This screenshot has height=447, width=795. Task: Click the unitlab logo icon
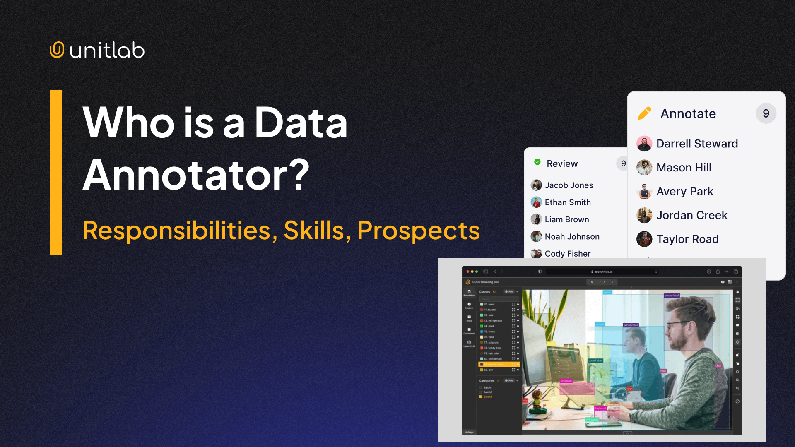pos(57,50)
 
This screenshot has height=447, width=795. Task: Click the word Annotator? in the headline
pos(196,175)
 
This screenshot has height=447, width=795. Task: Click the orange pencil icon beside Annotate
pos(644,113)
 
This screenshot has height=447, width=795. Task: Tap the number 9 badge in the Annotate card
pos(766,113)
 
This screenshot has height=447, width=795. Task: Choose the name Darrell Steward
pos(697,144)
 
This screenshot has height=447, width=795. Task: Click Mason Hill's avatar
pos(644,168)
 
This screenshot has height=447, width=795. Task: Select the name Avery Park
pos(684,192)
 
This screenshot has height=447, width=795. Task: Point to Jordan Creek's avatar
pos(644,215)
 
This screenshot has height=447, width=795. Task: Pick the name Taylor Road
pos(687,239)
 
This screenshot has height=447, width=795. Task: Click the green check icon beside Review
pos(537,162)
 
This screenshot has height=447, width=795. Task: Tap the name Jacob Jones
pos(569,185)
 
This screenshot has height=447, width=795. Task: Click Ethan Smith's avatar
pos(536,202)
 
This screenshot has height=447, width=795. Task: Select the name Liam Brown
pos(566,219)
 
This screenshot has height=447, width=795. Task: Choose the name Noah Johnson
pos(572,237)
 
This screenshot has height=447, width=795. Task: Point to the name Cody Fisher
pos(567,254)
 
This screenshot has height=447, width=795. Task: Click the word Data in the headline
pos(301,123)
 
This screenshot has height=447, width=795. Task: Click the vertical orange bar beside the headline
pos(56,172)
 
